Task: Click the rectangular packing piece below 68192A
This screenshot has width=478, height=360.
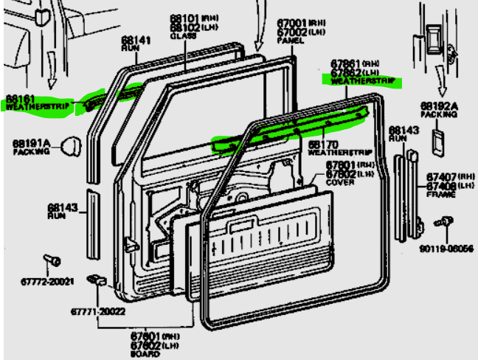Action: pos(437,142)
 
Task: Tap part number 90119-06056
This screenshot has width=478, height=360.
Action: pos(446,249)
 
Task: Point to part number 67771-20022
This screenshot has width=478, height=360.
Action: pos(97,311)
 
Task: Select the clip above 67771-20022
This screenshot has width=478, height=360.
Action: pos(96,280)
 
